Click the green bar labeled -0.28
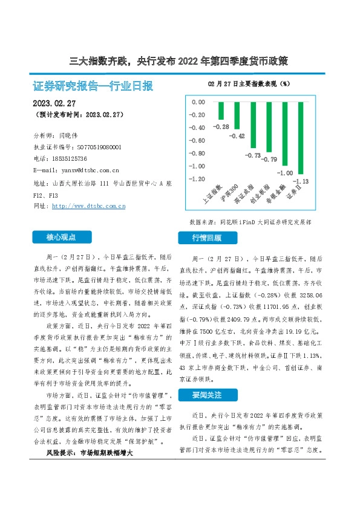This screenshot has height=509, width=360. pyautogui.click(x=221, y=111)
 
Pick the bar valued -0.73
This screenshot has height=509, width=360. pyautogui.click(x=253, y=125)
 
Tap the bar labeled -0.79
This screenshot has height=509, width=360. pyautogui.click(x=269, y=127)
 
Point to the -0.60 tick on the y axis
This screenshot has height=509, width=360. pyautogui.click(x=198, y=141)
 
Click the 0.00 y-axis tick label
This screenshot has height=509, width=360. pyautogui.click(x=198, y=102)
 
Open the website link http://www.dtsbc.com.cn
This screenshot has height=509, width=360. pyautogui.click(x=89, y=206)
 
